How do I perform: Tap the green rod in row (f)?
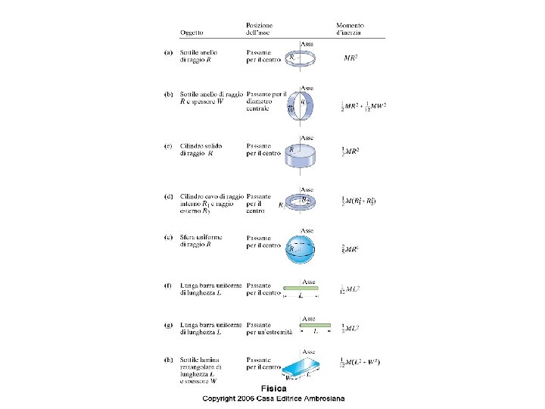point(301,289)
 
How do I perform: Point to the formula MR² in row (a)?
point(351,58)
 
